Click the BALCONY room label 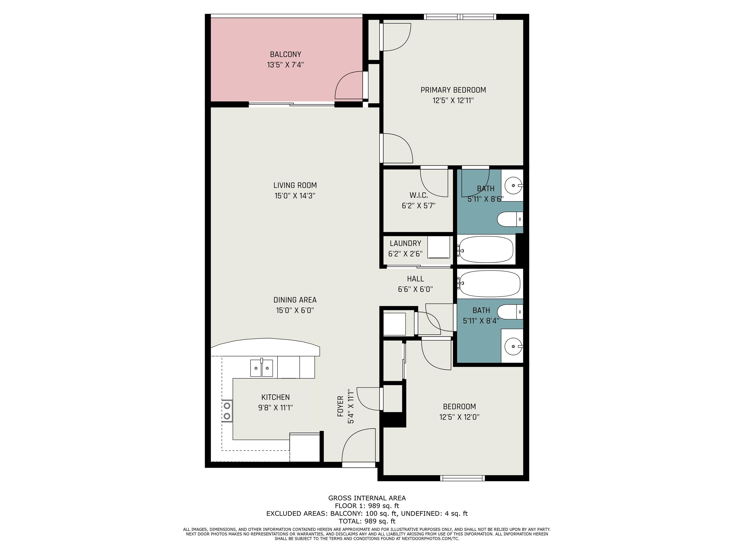pyautogui.click(x=285, y=54)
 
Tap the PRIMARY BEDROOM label pyautogui.click(x=453, y=90)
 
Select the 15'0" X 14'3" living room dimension pyautogui.click(x=295, y=196)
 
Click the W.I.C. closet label pyautogui.click(x=418, y=195)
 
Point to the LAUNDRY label pyautogui.click(x=405, y=243)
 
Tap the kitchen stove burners pyautogui.click(x=227, y=411)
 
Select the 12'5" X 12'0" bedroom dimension pyautogui.click(x=459, y=417)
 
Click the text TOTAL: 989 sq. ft pyautogui.click(x=367, y=521)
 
